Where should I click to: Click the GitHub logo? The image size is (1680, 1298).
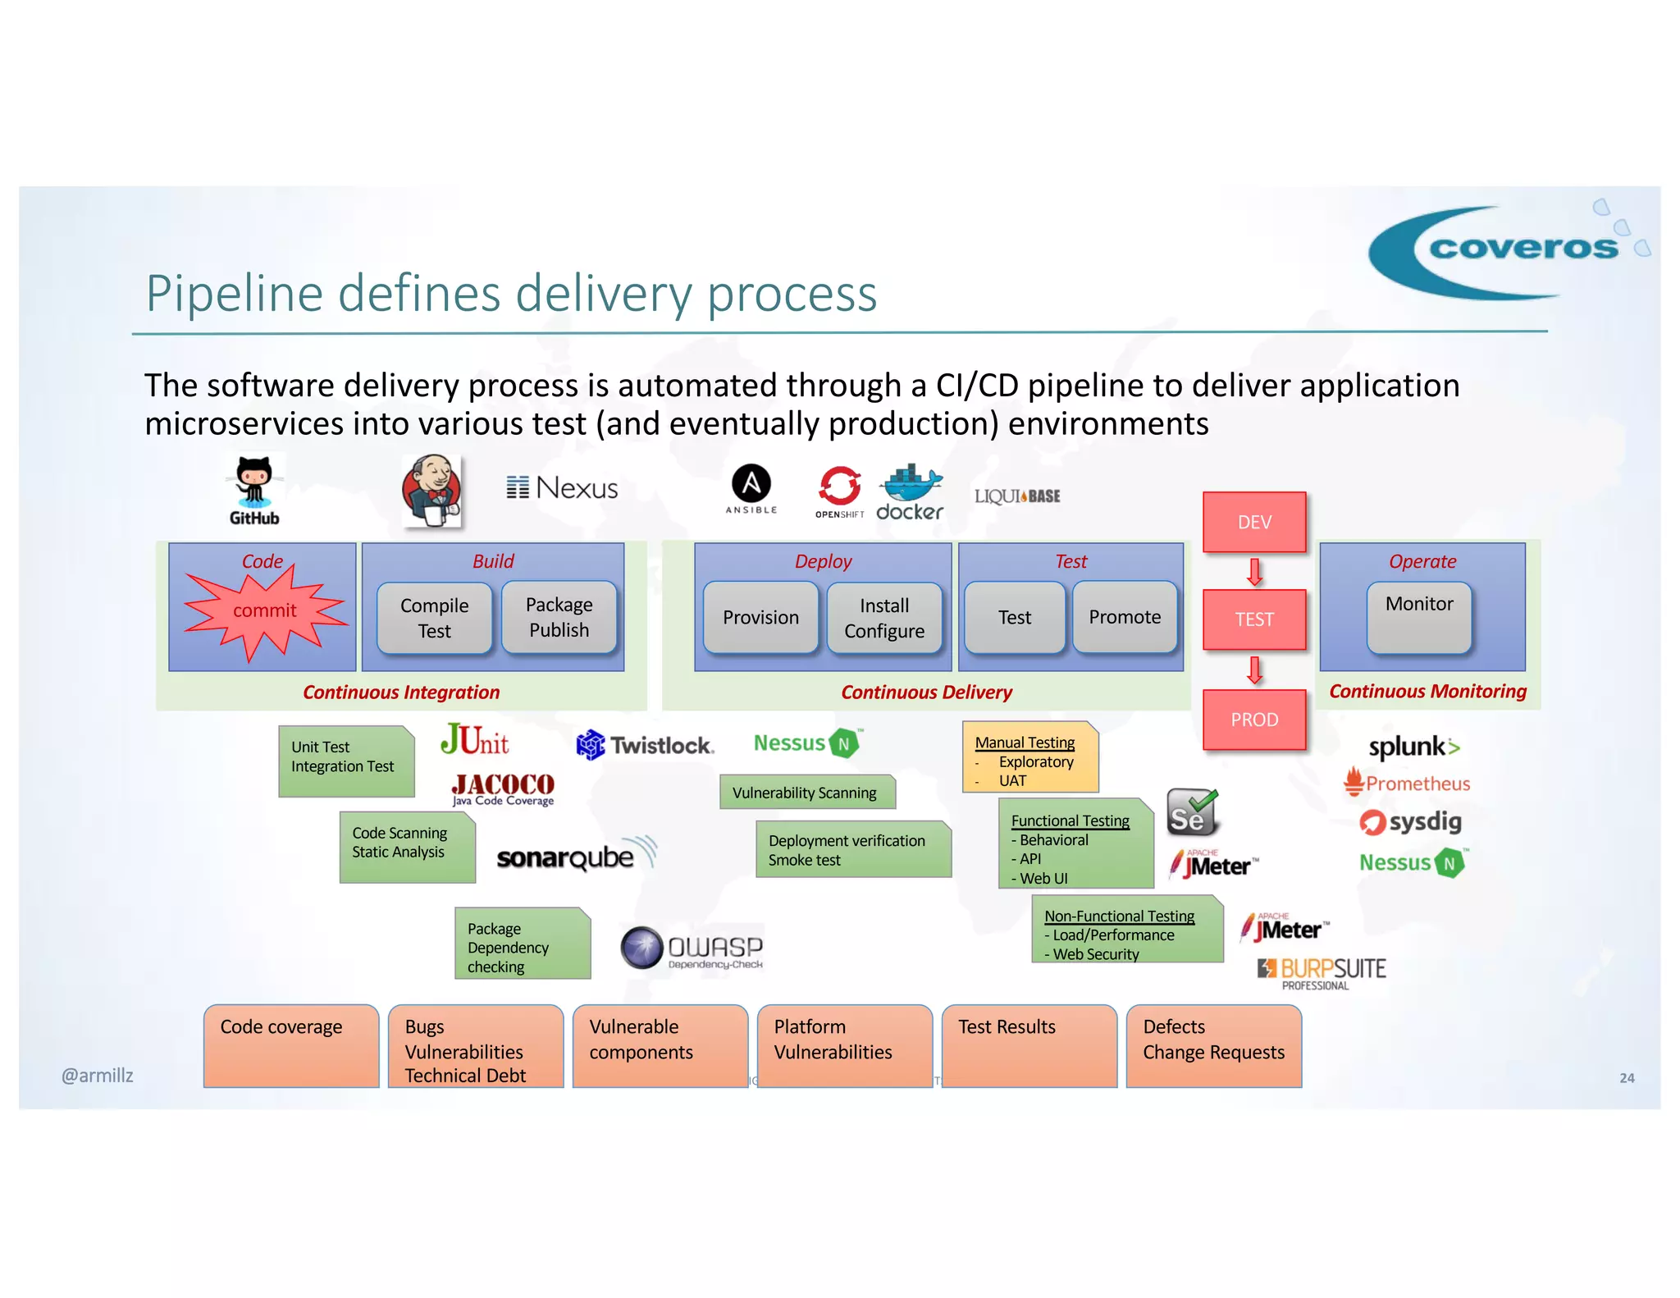pos(253,491)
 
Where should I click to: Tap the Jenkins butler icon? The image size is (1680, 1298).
pos(432,491)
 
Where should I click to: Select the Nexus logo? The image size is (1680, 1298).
pos(562,488)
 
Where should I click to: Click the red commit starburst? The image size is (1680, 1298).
pos(264,611)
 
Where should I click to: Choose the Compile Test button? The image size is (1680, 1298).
pos(434,618)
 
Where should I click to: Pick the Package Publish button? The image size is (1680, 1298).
pos(559,617)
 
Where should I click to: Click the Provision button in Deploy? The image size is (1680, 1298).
pos(760,618)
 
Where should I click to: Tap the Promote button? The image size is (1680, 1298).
pos(1124,617)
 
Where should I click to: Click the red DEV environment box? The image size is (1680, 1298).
pos(1253,523)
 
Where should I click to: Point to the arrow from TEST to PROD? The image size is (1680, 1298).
pos(1253,670)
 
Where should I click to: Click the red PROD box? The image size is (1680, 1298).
pos(1253,720)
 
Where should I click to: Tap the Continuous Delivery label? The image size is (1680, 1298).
pos(926,692)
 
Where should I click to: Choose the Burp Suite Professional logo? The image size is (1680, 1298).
pos(1322,973)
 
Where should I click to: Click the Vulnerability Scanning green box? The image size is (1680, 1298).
pos(806,793)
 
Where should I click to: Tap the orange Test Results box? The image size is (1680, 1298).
pos(1029,1045)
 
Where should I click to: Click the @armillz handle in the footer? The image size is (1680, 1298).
pos(97,1076)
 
